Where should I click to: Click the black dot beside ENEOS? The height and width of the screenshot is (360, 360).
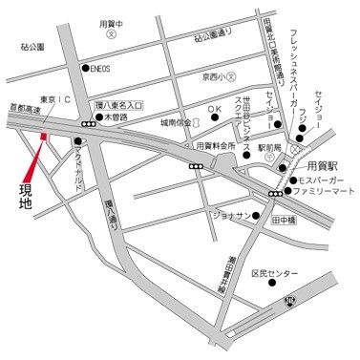(x=85, y=69)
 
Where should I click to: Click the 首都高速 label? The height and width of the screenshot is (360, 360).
(x=22, y=111)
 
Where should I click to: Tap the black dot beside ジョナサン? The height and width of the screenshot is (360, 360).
(x=257, y=215)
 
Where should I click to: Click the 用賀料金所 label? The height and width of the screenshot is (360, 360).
(x=215, y=146)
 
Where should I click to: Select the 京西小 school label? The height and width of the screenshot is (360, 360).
(x=205, y=75)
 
